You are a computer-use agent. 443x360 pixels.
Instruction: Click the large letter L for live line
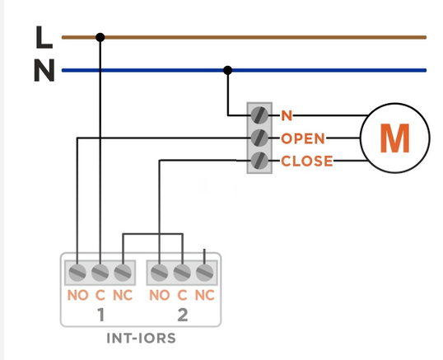click(44, 37)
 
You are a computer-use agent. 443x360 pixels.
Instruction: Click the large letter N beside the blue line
click(44, 70)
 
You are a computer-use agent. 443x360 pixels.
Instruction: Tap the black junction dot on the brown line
click(100, 37)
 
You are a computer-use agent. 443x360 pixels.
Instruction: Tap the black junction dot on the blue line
click(228, 70)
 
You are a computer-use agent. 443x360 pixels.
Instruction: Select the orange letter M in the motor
click(395, 138)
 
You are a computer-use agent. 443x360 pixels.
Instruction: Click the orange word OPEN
click(303, 138)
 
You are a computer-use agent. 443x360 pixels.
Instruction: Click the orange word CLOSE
click(307, 161)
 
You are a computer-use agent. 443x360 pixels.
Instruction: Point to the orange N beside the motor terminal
click(287, 115)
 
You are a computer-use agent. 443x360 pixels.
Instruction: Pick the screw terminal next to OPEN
click(259, 138)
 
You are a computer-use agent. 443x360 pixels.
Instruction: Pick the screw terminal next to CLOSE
click(259, 161)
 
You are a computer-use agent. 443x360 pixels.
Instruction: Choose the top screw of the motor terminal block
click(259, 115)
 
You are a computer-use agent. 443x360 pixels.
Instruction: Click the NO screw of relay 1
click(77, 273)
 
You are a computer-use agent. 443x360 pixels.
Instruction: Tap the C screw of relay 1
click(100, 273)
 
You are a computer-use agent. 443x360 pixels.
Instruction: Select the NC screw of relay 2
click(204, 273)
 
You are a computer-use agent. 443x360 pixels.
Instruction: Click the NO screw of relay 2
click(160, 273)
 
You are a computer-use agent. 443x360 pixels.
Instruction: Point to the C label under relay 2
click(182, 295)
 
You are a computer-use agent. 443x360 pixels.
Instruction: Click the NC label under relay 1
click(123, 295)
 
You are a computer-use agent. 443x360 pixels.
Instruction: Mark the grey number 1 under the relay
click(100, 315)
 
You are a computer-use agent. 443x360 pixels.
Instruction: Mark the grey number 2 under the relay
click(183, 315)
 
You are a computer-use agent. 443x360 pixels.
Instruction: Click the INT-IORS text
click(141, 338)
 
